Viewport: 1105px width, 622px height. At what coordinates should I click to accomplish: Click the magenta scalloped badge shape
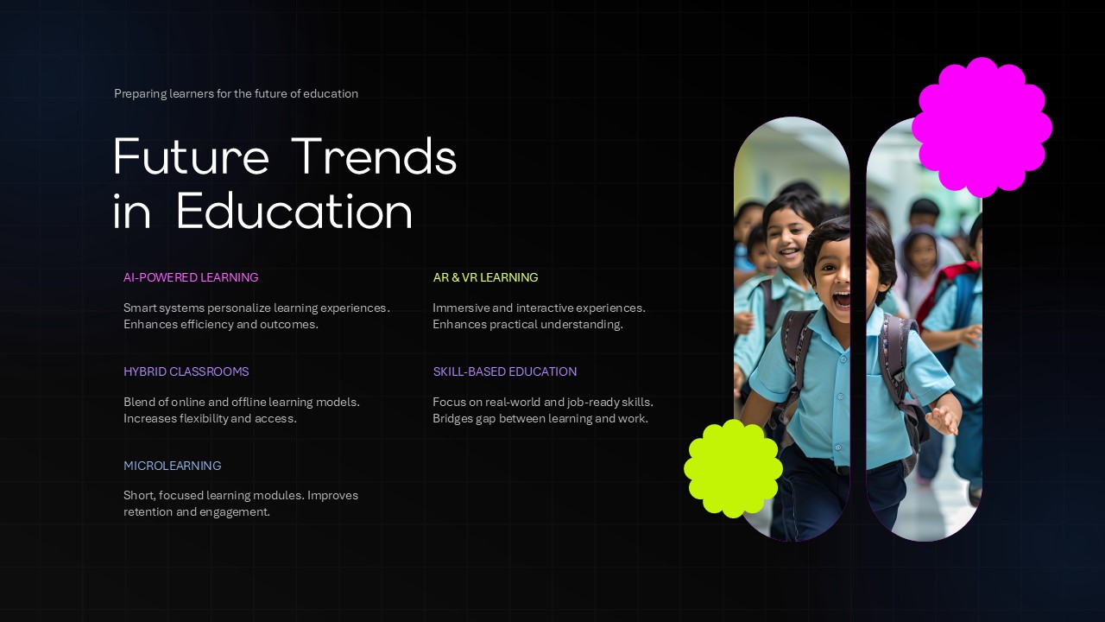(982, 127)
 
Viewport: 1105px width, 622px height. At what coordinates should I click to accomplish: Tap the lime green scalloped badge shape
(733, 468)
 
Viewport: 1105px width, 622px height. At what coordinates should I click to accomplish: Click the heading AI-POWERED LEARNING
(191, 277)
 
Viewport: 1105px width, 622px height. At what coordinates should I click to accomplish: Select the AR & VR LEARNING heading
(485, 277)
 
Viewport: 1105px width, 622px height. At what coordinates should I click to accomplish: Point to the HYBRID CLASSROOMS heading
(186, 371)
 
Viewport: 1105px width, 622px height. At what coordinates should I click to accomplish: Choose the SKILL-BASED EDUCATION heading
(504, 371)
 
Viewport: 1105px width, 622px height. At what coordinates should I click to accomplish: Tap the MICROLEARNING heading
(172, 466)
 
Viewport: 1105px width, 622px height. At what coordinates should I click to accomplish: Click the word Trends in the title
(373, 157)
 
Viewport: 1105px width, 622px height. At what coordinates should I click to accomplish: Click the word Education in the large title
(294, 212)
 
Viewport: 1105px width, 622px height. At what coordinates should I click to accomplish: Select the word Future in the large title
(191, 157)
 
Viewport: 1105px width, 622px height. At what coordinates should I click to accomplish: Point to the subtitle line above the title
(236, 93)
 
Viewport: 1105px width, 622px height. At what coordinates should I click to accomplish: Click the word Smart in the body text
(140, 308)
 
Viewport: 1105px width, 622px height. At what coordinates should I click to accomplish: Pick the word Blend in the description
(140, 402)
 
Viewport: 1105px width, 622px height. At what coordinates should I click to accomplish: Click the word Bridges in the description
(452, 419)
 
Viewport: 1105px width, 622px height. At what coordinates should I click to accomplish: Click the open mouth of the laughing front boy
(840, 299)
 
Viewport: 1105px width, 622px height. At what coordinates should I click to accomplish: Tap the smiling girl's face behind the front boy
(790, 238)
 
